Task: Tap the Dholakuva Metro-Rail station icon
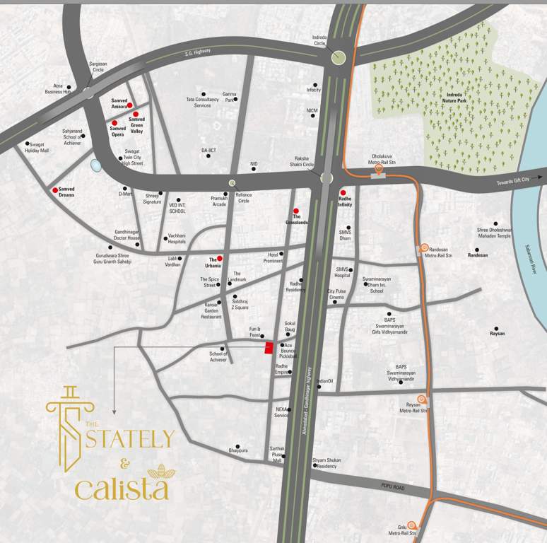click(379, 168)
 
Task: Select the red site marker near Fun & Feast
click(269, 347)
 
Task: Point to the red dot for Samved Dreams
click(55, 190)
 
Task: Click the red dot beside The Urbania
click(220, 258)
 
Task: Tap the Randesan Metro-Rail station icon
click(425, 247)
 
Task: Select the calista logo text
click(122, 488)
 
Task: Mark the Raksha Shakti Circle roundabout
click(326, 178)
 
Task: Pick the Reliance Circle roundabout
click(232, 183)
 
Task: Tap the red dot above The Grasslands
click(297, 210)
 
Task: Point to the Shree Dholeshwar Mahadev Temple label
click(503, 232)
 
